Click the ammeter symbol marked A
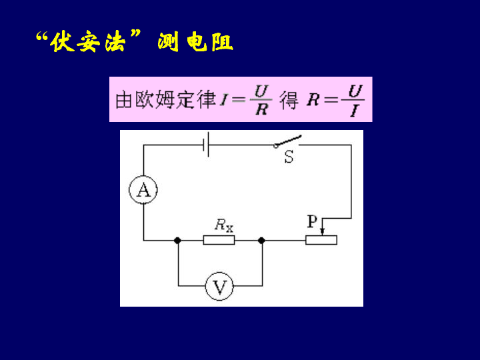pos(143,191)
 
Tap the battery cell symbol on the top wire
pos(207,143)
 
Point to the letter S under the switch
pos(289,158)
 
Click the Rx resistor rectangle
pos(219,240)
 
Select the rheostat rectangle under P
pos(322,240)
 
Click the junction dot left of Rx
pos(177,240)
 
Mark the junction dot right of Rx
pos(261,240)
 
